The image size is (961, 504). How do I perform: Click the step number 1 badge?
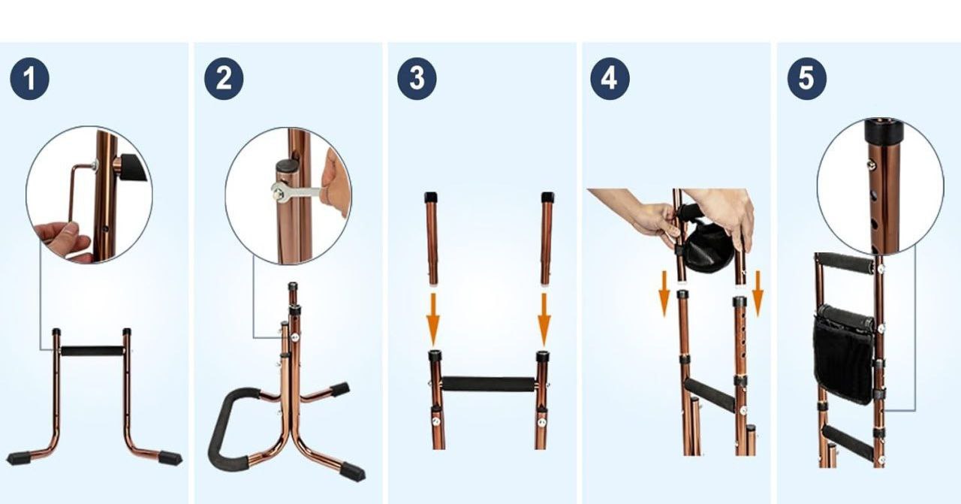tap(29, 79)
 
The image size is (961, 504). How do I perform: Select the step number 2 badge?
tap(224, 79)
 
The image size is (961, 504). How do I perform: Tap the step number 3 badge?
tap(417, 79)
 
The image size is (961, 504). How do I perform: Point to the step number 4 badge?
tap(610, 79)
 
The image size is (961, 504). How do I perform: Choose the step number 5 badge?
tap(807, 79)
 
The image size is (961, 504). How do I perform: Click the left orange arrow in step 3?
tap(433, 320)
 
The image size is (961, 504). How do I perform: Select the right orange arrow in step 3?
tap(544, 320)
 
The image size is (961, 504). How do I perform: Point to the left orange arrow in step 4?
tap(664, 294)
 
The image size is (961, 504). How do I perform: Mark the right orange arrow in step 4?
tap(758, 294)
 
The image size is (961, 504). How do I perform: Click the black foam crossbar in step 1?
tap(92, 352)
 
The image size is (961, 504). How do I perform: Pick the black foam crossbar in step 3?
tap(489, 384)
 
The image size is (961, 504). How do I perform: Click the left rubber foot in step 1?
tap(19, 458)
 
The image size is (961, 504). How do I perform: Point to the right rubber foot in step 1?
tap(170, 457)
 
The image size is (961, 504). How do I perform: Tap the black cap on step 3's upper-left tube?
tap(431, 198)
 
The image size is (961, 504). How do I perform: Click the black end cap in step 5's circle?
tap(884, 131)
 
